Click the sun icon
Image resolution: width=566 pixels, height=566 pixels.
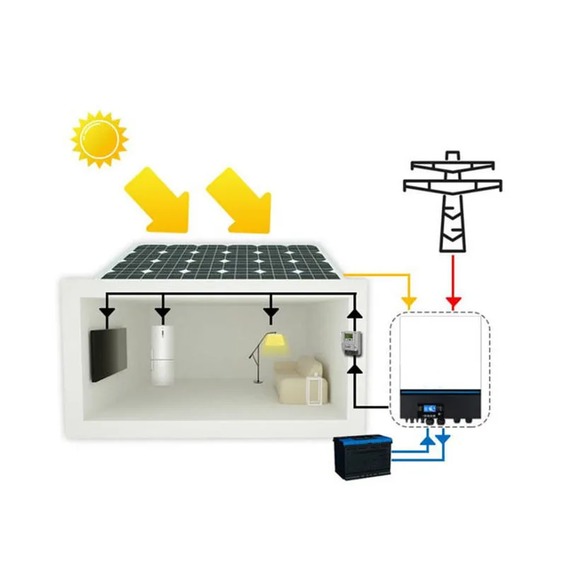[x=100, y=139]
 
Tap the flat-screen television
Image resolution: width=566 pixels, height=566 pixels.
[x=108, y=354]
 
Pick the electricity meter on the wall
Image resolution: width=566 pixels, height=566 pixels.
[x=351, y=344]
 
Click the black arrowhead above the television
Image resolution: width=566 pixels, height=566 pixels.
[x=106, y=311]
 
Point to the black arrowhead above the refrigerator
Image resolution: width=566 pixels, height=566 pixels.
[x=163, y=311]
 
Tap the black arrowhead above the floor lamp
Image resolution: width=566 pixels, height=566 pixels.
[x=270, y=311]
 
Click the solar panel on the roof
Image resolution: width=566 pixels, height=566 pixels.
[x=219, y=260]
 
